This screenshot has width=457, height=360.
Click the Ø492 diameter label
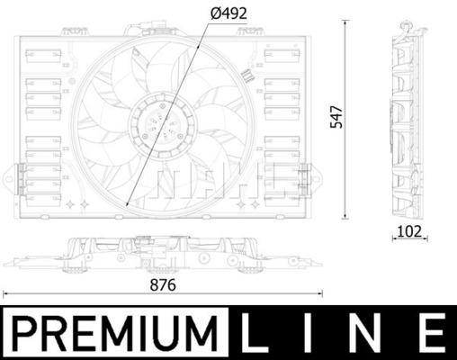pyautogui.click(x=228, y=13)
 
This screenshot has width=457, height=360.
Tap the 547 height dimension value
pyautogui.click(x=336, y=117)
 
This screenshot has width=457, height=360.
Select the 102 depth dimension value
pyautogui.click(x=409, y=231)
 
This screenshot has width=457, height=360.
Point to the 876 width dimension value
pyautogui.click(x=163, y=285)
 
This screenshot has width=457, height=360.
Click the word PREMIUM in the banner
pyautogui.click(x=115, y=332)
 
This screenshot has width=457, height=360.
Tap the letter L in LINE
pyautogui.click(x=254, y=332)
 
